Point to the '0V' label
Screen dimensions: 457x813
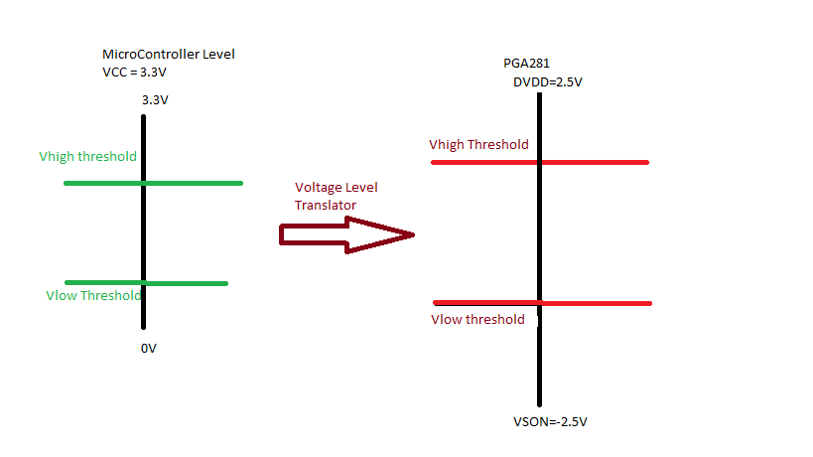[x=150, y=349]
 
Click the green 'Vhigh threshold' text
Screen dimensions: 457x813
[x=87, y=157]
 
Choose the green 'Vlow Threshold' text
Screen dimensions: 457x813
[x=93, y=295]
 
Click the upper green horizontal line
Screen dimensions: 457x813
[x=199, y=183]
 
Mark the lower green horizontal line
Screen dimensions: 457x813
[x=189, y=283]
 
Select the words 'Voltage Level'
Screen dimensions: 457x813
[x=337, y=188]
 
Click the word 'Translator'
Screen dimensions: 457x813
[x=325, y=205]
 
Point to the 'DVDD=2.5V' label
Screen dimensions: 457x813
[x=547, y=81]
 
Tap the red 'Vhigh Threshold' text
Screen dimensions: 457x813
[x=478, y=145]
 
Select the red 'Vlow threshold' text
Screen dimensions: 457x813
[x=477, y=319]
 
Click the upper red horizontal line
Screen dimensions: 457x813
[x=596, y=162]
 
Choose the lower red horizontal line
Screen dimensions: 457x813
[x=596, y=302]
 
